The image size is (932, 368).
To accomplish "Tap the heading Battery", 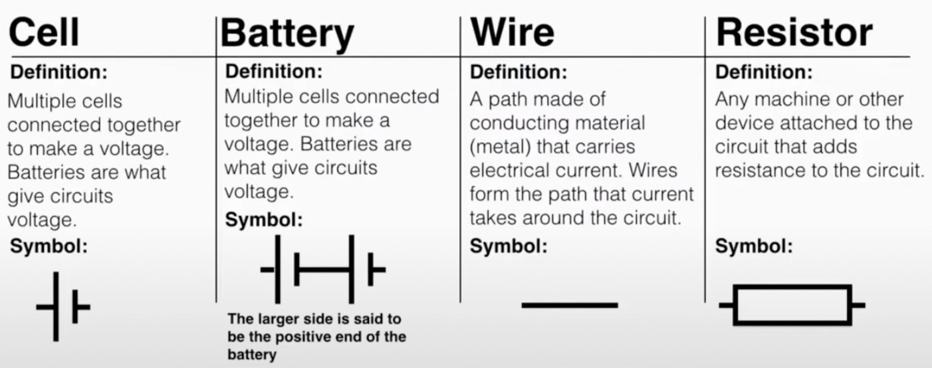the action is [x=287, y=33].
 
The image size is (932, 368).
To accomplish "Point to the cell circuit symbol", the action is [x=62, y=306].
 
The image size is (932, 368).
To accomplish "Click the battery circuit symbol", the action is [x=323, y=269].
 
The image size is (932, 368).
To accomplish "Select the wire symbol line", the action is [x=570, y=305].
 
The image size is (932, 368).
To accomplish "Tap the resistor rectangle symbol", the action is [x=792, y=305].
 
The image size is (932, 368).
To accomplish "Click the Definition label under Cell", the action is [x=58, y=72].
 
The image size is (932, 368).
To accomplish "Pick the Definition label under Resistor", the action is [x=763, y=72].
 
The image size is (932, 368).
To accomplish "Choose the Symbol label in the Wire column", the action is [x=509, y=246].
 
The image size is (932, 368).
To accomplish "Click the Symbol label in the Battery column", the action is [x=264, y=220].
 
